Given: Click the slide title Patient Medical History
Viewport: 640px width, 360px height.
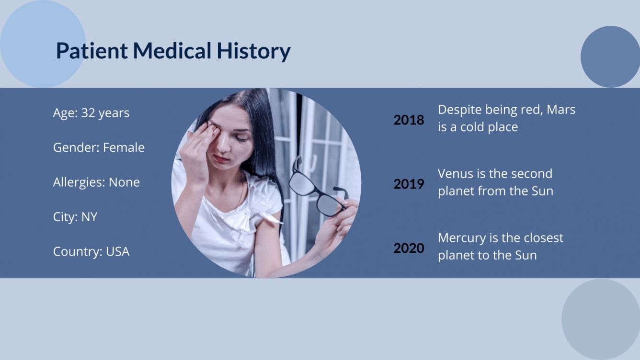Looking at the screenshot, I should coord(173,51).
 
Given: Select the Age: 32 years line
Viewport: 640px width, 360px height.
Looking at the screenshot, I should coord(91,113).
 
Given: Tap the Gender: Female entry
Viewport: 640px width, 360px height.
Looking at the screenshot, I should coord(99,147).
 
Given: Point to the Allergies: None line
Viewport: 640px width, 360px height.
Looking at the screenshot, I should coord(96,182).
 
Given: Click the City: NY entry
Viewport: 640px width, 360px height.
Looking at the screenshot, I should coord(75,217).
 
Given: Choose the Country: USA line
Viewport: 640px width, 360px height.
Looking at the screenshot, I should coord(91,251).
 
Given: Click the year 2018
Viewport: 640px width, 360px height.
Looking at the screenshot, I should coord(409,120).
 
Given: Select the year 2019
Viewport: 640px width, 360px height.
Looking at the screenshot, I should coord(409,184).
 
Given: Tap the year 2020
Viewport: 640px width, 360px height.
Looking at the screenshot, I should coord(409,248).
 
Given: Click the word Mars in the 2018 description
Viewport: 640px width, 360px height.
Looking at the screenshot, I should coord(561,110).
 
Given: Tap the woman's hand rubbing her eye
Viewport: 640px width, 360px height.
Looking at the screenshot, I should coord(199,144).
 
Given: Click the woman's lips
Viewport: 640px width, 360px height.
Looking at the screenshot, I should coord(221,158).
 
